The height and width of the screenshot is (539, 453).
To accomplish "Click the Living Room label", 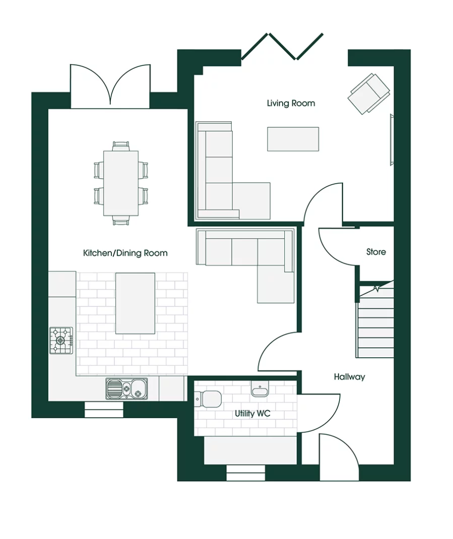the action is point(291,103).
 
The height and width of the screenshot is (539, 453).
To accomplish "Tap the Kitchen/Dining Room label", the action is point(125,253).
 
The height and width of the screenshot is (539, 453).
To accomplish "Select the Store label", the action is point(376,252).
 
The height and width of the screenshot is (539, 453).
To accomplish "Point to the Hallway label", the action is point(349,377).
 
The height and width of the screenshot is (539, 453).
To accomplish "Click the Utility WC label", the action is point(252,413).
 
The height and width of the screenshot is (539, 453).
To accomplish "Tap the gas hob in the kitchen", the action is point(61,340).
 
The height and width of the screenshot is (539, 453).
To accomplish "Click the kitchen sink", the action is point(126,389).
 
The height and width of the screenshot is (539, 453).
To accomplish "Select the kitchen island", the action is point(135,303).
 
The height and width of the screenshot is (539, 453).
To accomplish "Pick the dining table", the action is point(121,183).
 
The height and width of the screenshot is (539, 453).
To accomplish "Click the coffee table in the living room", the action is point(293,139).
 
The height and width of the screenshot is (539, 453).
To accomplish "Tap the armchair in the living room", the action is point(369,94).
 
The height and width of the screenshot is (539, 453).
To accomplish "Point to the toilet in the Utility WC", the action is point(208,399).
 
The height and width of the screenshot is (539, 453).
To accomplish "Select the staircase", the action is point(375,319).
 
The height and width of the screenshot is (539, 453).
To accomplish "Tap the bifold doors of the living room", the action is point(282,46).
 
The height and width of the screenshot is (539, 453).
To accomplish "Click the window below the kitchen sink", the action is point(104,409).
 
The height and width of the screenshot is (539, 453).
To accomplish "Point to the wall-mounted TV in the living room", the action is point(392,140).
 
